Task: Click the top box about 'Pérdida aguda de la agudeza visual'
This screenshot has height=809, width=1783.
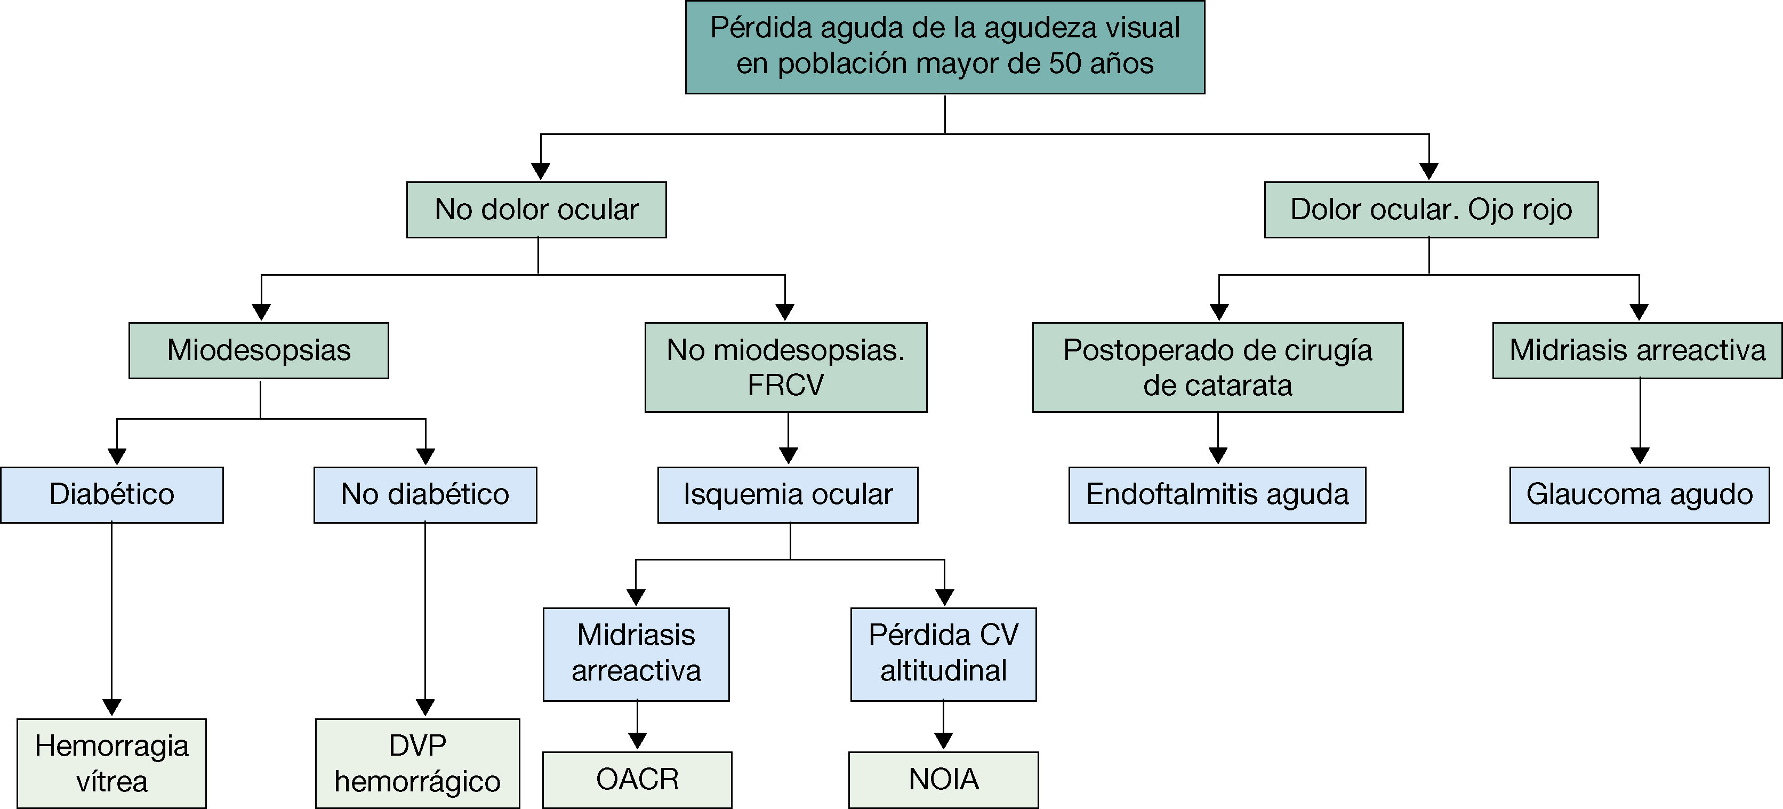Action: point(945,46)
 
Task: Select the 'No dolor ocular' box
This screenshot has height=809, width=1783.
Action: point(536,210)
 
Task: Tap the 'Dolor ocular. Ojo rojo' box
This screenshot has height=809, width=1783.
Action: point(1431,210)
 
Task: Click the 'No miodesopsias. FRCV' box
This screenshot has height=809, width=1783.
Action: point(785,367)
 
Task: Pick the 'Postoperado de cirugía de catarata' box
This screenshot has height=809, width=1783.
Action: point(1217,367)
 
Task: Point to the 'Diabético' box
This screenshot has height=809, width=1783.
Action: point(111,495)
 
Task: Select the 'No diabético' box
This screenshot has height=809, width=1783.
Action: point(425,495)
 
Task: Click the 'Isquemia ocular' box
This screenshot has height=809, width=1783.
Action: point(788,495)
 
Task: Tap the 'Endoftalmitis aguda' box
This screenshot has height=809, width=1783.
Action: point(1217,495)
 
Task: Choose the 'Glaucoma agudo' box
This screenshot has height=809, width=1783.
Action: point(1639,495)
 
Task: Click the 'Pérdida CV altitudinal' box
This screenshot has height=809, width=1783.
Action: point(943,654)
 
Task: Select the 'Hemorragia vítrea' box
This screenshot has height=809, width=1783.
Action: point(111,763)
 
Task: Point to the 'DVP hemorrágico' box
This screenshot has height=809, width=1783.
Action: point(417,763)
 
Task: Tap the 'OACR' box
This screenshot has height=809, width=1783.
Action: point(637,780)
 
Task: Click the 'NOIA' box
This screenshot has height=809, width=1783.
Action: point(943,780)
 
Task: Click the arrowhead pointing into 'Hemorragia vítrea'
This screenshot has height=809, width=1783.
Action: point(111,707)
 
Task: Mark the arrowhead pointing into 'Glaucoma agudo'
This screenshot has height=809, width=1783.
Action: point(1640,455)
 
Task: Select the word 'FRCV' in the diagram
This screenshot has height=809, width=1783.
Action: point(785,386)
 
